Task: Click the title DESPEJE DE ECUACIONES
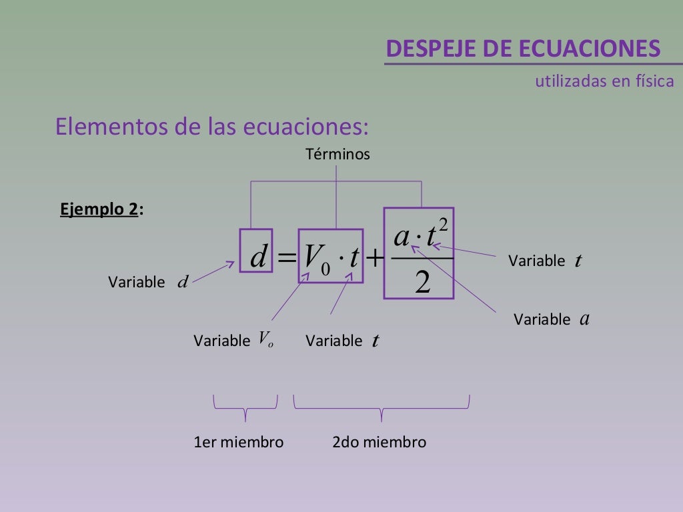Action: [x=524, y=49]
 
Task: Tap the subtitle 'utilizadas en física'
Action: [x=604, y=81]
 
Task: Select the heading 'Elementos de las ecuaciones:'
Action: [x=212, y=126]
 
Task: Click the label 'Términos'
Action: [x=337, y=155]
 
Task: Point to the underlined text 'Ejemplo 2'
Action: [x=99, y=209]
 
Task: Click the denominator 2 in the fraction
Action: [x=422, y=283]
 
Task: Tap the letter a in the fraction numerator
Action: [x=402, y=237]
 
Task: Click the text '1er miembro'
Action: [x=238, y=442]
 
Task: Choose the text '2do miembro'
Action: [x=379, y=442]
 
